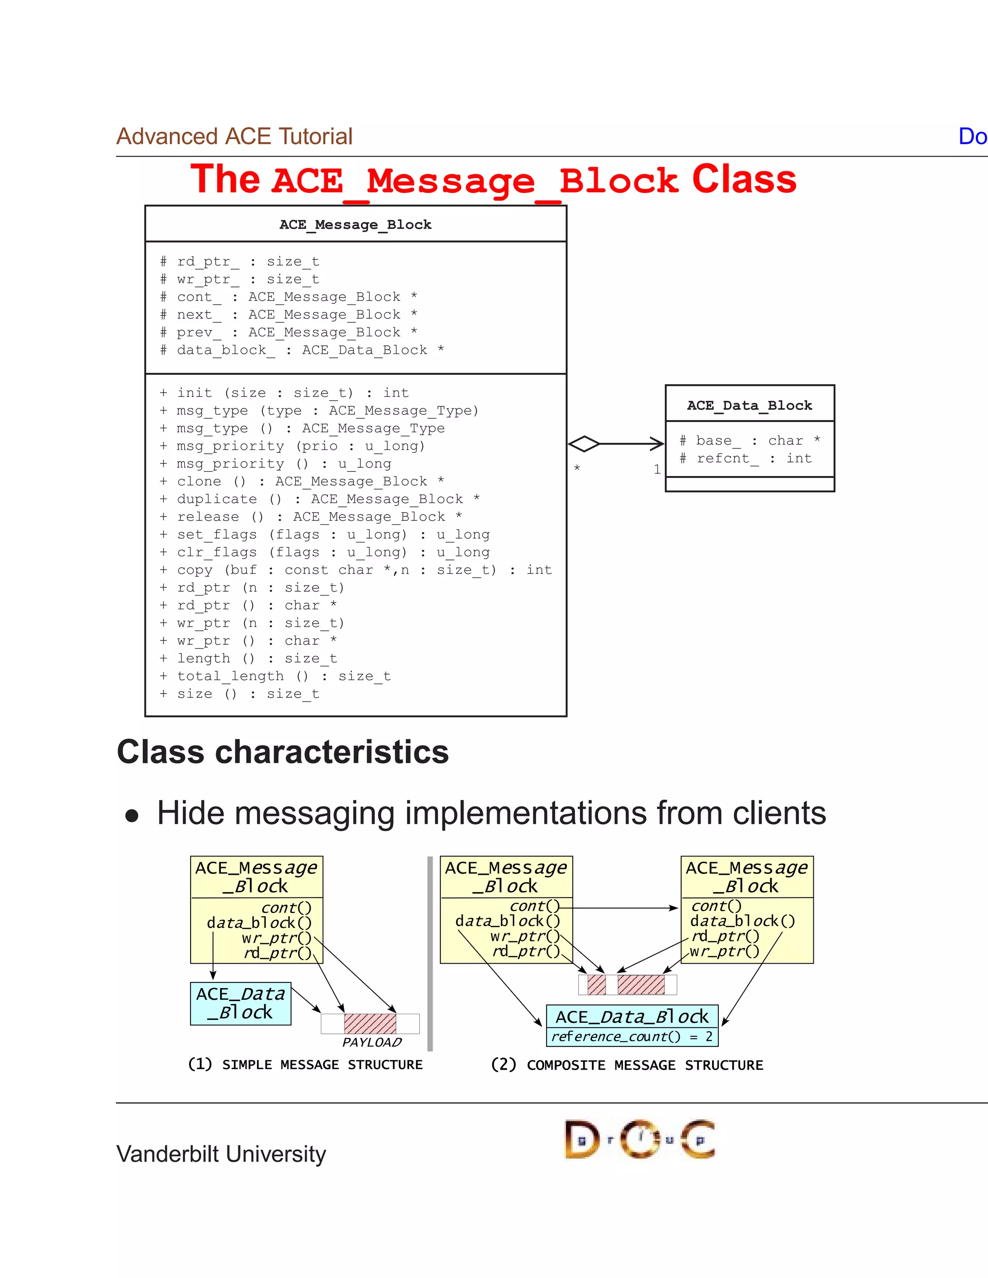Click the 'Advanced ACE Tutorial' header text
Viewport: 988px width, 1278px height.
(234, 136)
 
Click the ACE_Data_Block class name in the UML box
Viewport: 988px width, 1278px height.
(749, 406)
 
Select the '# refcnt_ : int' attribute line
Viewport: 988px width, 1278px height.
(746, 458)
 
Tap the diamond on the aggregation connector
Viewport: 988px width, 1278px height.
(584, 444)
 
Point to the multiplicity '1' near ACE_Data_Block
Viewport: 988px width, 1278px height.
(657, 469)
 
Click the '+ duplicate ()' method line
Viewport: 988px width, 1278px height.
(319, 499)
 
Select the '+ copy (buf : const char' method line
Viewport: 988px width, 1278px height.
(355, 570)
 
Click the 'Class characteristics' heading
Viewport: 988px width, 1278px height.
(283, 752)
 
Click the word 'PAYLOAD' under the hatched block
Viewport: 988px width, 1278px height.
(371, 1042)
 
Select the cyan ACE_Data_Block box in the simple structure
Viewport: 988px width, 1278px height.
(241, 1003)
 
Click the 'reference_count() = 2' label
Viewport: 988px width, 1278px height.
(632, 1037)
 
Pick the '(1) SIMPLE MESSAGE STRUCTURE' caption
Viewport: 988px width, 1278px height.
(305, 1064)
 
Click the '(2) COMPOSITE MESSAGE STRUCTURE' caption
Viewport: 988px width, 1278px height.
(627, 1064)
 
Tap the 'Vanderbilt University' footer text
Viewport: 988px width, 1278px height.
(221, 1154)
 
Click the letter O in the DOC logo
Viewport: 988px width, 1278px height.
(640, 1139)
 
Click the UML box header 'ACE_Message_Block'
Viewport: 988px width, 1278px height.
(355, 225)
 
